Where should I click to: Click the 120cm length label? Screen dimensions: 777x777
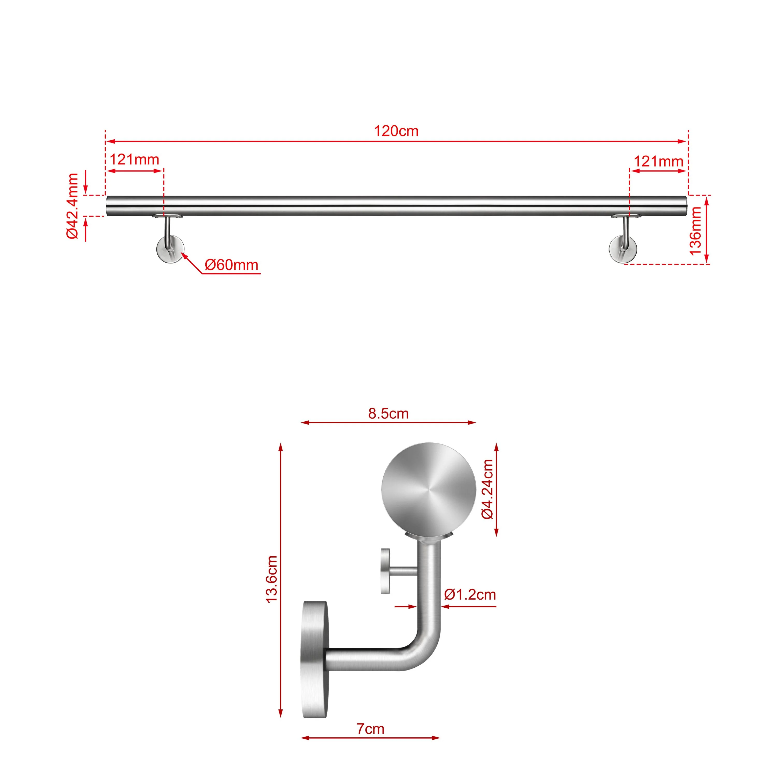click(396, 131)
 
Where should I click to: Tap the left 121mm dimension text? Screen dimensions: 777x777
click(134, 160)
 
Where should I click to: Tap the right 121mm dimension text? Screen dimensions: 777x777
click(658, 161)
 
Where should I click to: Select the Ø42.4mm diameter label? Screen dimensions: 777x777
click(73, 206)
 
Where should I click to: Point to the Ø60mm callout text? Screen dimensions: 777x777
click(231, 265)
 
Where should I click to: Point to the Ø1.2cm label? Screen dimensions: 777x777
click(470, 594)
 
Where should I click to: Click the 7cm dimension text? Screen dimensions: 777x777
click(370, 729)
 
